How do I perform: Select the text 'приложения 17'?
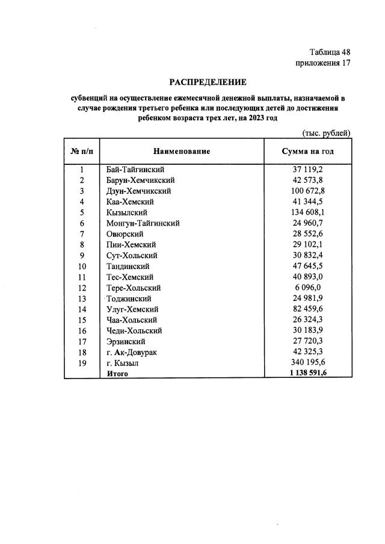322,63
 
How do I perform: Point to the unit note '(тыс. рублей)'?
325,133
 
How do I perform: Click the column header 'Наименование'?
182,151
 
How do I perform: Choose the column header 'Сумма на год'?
307,151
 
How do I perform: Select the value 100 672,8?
308,191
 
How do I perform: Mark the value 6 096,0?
308,288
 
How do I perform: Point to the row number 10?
82,266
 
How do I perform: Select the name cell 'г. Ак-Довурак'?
131,352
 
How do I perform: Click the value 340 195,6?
308,363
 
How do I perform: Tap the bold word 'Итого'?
117,373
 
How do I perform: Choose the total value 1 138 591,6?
308,373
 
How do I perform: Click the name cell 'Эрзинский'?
126,341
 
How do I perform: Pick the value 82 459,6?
308,309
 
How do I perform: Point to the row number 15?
82,320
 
